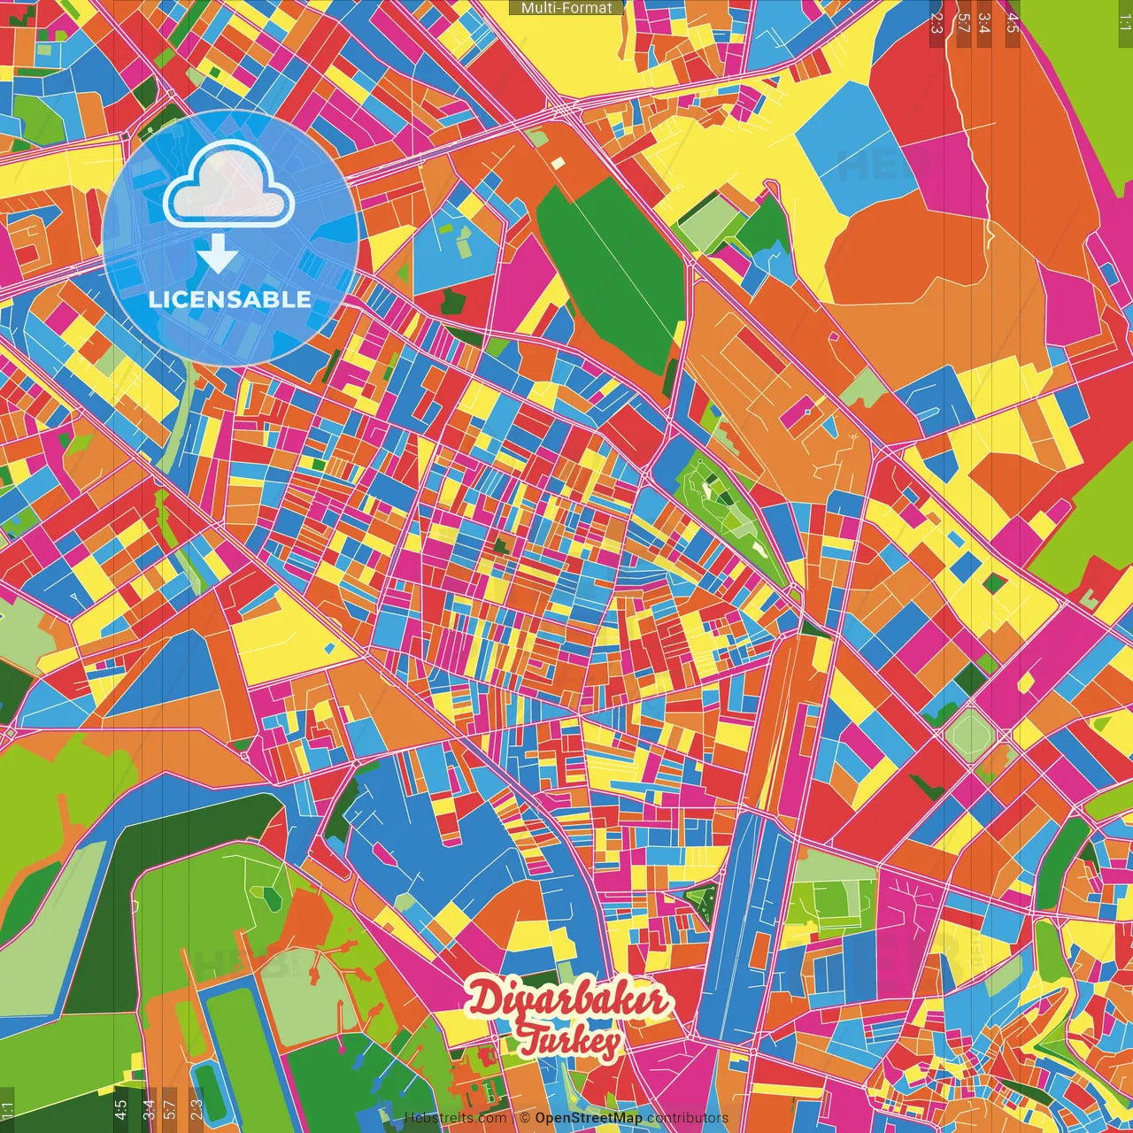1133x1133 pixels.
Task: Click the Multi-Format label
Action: pos(566,8)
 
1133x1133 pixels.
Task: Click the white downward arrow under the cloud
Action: pos(218,254)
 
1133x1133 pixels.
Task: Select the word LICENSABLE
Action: pos(230,299)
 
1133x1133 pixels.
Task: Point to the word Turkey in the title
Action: pos(570,1041)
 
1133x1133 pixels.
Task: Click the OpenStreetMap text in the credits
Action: pos(588,1118)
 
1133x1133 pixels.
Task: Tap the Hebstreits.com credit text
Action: pos(455,1118)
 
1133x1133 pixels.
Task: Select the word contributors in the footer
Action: pos(688,1118)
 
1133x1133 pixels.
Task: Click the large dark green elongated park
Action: pos(611,274)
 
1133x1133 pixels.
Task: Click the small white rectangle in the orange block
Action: pos(557,163)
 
